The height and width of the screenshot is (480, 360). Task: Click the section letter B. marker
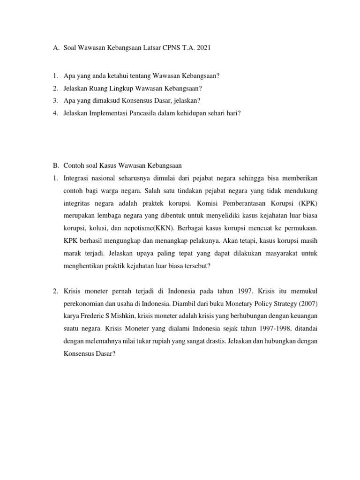click(55, 165)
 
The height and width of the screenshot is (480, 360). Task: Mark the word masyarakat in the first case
click(284, 254)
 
